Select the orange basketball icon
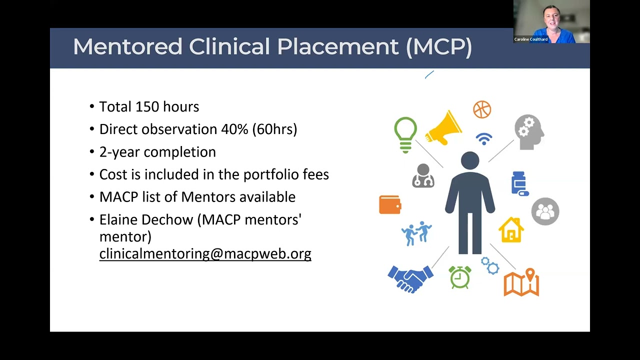point(482,109)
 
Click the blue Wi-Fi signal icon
point(483,138)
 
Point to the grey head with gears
point(529,132)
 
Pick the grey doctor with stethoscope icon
point(423,176)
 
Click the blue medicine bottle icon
point(519,183)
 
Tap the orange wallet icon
point(390,204)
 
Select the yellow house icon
point(511,230)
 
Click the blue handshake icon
point(410,278)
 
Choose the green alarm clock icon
point(459,277)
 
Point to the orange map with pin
point(521,282)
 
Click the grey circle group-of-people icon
point(545,211)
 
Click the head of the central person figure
point(470,161)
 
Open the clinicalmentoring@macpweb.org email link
point(205,253)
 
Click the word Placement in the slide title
point(337,47)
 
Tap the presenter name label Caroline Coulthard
point(530,39)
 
